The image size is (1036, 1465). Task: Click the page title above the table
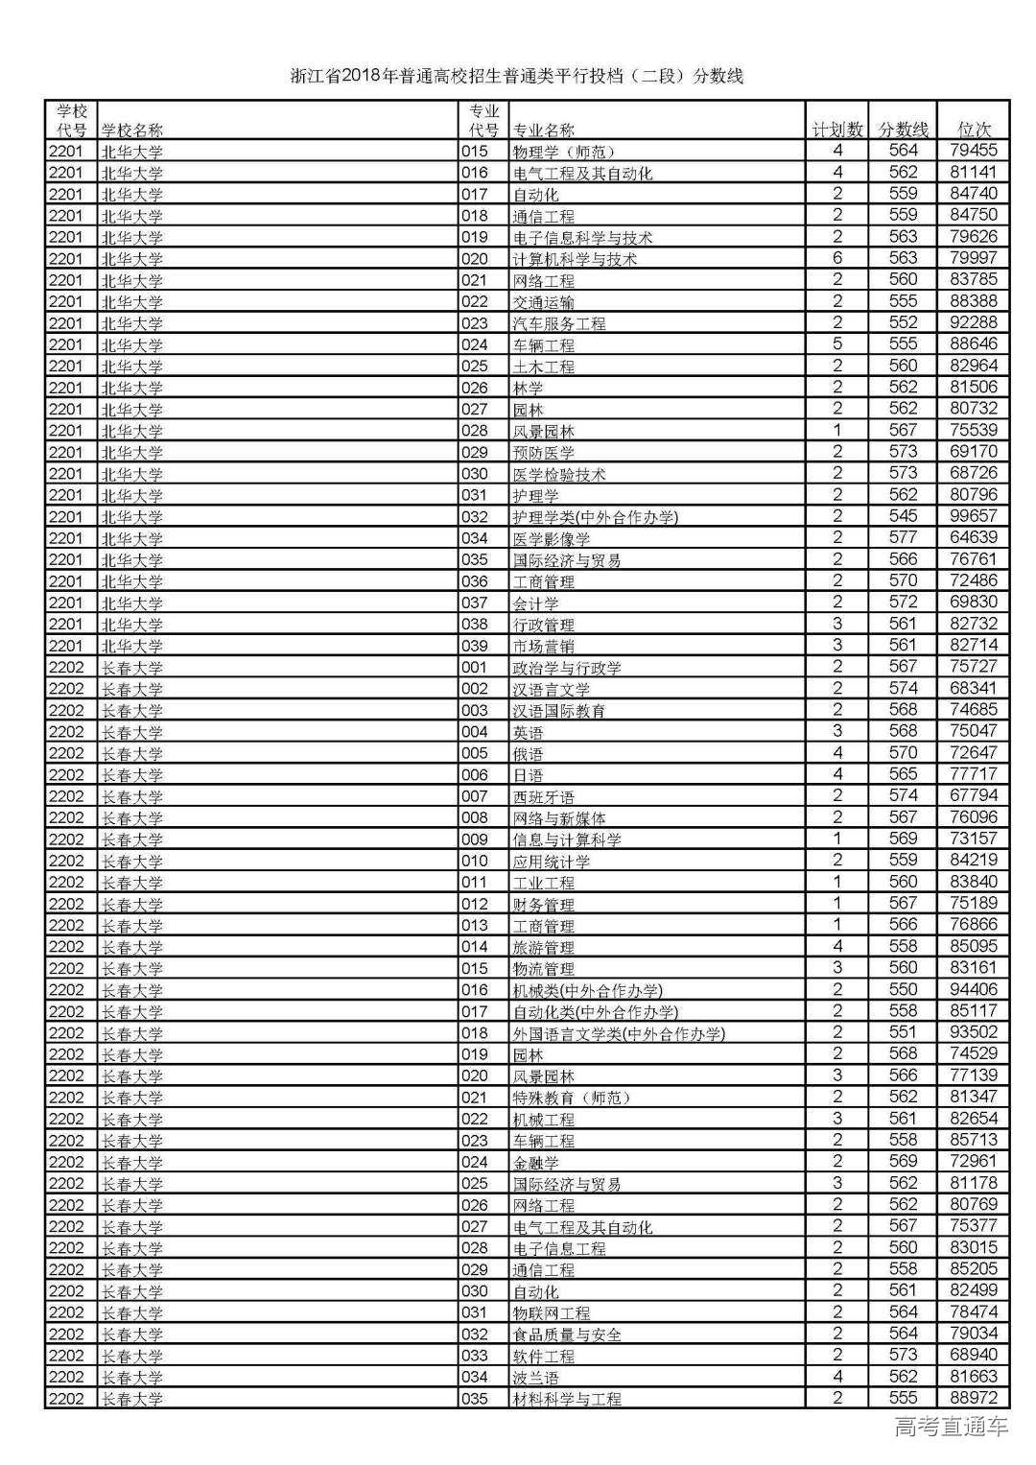pyautogui.click(x=517, y=76)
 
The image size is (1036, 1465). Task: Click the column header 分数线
pyautogui.click(x=903, y=130)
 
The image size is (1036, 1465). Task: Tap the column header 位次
pyautogui.click(x=974, y=130)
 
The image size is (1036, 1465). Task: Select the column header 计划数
pyautogui.click(x=836, y=130)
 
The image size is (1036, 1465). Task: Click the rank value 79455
pyautogui.click(x=973, y=151)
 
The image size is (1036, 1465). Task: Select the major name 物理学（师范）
pyautogui.click(x=564, y=152)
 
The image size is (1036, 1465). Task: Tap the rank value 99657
pyautogui.click(x=973, y=516)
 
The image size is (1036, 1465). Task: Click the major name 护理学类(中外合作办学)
pyautogui.click(x=595, y=517)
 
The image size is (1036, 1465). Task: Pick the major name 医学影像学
pyautogui.click(x=552, y=539)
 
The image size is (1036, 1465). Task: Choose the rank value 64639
pyautogui.click(x=973, y=537)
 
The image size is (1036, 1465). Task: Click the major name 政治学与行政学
pyautogui.click(x=567, y=668)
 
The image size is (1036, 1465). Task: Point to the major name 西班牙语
pyautogui.click(x=544, y=797)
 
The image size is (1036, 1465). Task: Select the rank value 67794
pyautogui.click(x=973, y=795)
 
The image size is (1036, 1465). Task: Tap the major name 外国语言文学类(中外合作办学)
pyautogui.click(x=619, y=1033)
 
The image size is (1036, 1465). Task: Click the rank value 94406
pyautogui.click(x=973, y=989)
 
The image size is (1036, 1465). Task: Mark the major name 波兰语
pyautogui.click(x=535, y=1378)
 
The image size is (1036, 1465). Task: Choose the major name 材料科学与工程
pyautogui.click(x=567, y=1399)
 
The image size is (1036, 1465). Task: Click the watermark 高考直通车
pyautogui.click(x=951, y=1427)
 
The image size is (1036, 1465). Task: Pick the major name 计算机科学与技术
pyautogui.click(x=575, y=259)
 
